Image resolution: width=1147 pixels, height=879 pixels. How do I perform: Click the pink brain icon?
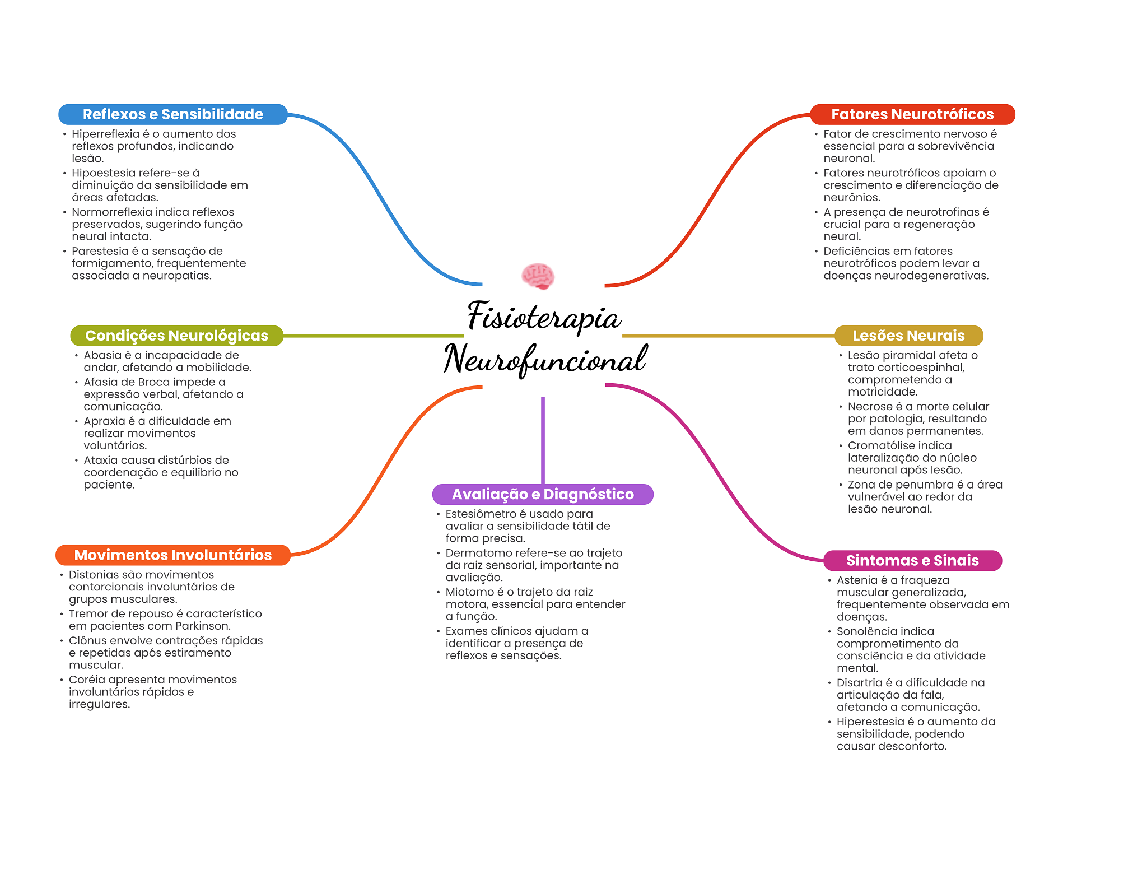click(x=538, y=276)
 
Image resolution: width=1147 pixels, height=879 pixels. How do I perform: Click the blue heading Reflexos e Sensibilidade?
click(x=172, y=114)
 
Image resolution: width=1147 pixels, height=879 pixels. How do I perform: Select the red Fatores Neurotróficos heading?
click(x=912, y=114)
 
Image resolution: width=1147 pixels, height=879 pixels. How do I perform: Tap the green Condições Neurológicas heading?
click(x=176, y=336)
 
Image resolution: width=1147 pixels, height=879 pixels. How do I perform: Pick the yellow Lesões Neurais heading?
click(x=908, y=336)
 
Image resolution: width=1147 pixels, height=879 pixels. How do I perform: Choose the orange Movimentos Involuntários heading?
click(x=172, y=555)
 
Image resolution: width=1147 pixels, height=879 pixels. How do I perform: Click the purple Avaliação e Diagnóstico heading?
click(x=543, y=494)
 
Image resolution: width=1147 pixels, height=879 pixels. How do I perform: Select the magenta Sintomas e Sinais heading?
click(x=912, y=560)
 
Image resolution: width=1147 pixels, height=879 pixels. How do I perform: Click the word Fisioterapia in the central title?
click(x=544, y=317)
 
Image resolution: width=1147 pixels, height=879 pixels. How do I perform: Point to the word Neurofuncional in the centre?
click(x=545, y=359)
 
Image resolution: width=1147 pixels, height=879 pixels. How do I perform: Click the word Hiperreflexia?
click(x=105, y=134)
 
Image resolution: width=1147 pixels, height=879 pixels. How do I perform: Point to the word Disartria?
click(x=859, y=682)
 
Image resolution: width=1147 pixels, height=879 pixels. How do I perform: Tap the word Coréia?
click(x=86, y=680)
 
